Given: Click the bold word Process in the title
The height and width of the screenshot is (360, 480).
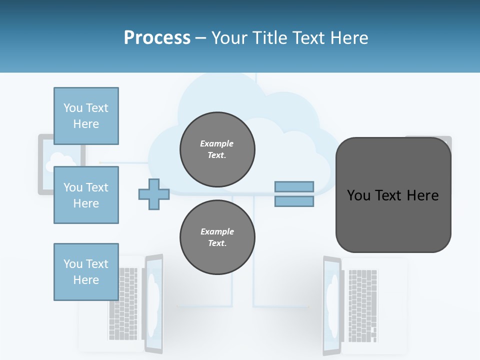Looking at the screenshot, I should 157,38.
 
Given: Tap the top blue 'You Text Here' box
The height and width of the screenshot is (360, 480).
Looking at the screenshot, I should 86,116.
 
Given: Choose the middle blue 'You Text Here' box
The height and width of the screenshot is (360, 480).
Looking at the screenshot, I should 86,195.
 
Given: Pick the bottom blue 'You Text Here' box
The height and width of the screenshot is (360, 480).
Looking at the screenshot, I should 86,272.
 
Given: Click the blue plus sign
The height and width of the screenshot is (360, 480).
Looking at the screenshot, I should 154,194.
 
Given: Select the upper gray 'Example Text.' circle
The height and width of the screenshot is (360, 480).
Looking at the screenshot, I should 217,149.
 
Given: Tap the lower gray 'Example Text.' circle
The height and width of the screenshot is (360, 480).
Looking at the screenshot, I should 217,237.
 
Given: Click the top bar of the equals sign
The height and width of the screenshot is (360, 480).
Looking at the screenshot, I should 294,186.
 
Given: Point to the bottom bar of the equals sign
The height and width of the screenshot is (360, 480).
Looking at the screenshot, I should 294,201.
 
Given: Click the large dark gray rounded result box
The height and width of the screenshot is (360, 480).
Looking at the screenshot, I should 393,225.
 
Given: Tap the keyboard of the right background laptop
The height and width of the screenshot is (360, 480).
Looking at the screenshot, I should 363,305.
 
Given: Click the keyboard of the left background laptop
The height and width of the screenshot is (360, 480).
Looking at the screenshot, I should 123,304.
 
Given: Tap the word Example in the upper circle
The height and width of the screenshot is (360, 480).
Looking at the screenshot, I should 217,143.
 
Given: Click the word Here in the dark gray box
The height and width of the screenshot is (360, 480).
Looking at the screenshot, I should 422,195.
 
